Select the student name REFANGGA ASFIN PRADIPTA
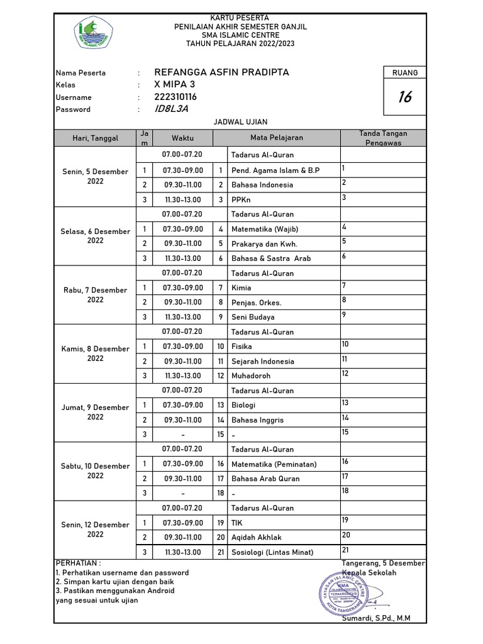[221, 72]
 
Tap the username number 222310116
[175, 97]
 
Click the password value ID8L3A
[171, 109]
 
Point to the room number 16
[405, 97]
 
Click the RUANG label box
[405, 72]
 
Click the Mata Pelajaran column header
[277, 138]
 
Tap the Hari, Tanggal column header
[95, 138]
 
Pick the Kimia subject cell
[283, 287]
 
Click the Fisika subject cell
[283, 347]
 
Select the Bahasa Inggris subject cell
[283, 419]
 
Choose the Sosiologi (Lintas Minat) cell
[283, 552]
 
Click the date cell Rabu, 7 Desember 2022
[95, 295]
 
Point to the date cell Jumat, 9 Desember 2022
[95, 412]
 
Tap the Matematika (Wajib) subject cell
[283, 229]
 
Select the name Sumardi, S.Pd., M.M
[376, 618]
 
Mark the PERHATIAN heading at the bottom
[79, 563]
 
